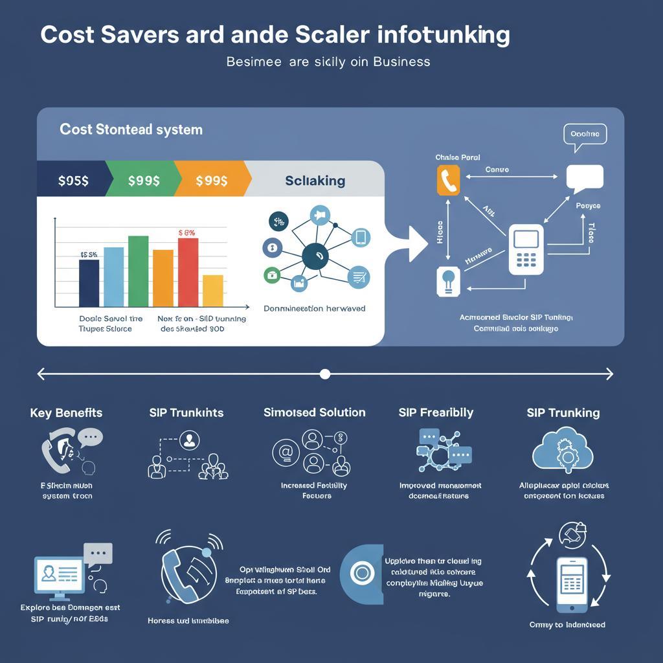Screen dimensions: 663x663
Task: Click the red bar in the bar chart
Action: click(x=188, y=272)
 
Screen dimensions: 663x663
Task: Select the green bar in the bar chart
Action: click(x=138, y=271)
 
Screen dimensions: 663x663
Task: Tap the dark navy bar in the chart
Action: click(x=89, y=283)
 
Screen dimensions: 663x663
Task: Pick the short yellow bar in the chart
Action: click(x=212, y=291)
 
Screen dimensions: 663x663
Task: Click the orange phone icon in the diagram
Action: click(x=448, y=181)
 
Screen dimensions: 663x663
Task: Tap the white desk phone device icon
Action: click(x=526, y=249)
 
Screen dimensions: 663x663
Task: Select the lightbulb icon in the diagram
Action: click(x=447, y=282)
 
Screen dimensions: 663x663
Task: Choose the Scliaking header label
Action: click(x=315, y=181)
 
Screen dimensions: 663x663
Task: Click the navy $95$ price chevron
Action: click(x=73, y=181)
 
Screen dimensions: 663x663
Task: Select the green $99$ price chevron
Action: click(x=143, y=181)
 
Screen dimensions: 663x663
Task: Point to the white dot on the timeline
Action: click(x=325, y=374)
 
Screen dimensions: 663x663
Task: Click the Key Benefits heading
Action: click(x=66, y=413)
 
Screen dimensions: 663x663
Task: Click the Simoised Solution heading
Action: click(x=315, y=412)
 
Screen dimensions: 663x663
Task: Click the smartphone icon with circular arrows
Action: click(x=572, y=582)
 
